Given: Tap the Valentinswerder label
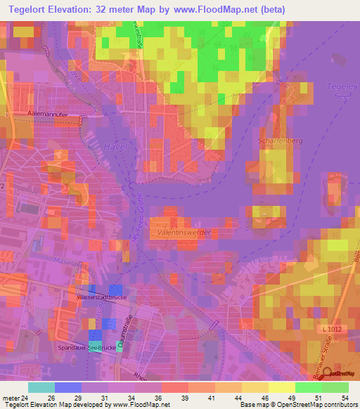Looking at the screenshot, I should click(x=184, y=231).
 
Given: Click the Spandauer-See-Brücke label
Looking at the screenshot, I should click(x=88, y=348).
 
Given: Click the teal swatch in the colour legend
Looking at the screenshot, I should click(x=41, y=387).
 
